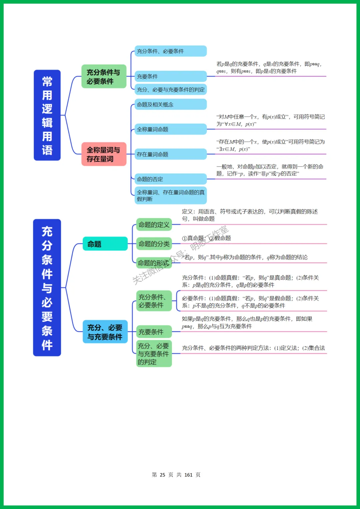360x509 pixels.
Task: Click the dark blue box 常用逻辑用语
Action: coord(47,115)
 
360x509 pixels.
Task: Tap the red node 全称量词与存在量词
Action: coord(104,154)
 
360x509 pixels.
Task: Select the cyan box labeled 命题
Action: coord(105,244)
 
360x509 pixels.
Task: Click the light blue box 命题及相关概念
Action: coord(170,104)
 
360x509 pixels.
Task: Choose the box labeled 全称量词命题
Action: coord(170,129)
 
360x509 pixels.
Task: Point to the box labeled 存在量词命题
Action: coord(170,154)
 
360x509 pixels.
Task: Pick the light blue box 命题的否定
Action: coord(170,179)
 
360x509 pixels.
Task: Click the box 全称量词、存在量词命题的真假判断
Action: coord(170,195)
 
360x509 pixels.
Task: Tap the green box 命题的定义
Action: coord(154,225)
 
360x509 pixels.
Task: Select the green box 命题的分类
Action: coord(154,244)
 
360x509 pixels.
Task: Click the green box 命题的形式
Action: coord(154,263)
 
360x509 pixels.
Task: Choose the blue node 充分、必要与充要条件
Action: coord(105,332)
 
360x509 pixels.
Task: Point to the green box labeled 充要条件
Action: coord(154,332)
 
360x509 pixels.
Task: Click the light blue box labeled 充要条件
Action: coord(170,76)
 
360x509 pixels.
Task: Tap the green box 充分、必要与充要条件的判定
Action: coord(154,354)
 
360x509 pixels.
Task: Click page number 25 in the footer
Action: coord(162,475)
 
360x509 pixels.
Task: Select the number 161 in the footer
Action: coord(188,475)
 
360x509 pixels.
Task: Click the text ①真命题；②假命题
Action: coord(206,238)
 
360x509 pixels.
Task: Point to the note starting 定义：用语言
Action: coord(250,215)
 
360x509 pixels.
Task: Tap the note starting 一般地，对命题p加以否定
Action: coord(270,170)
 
